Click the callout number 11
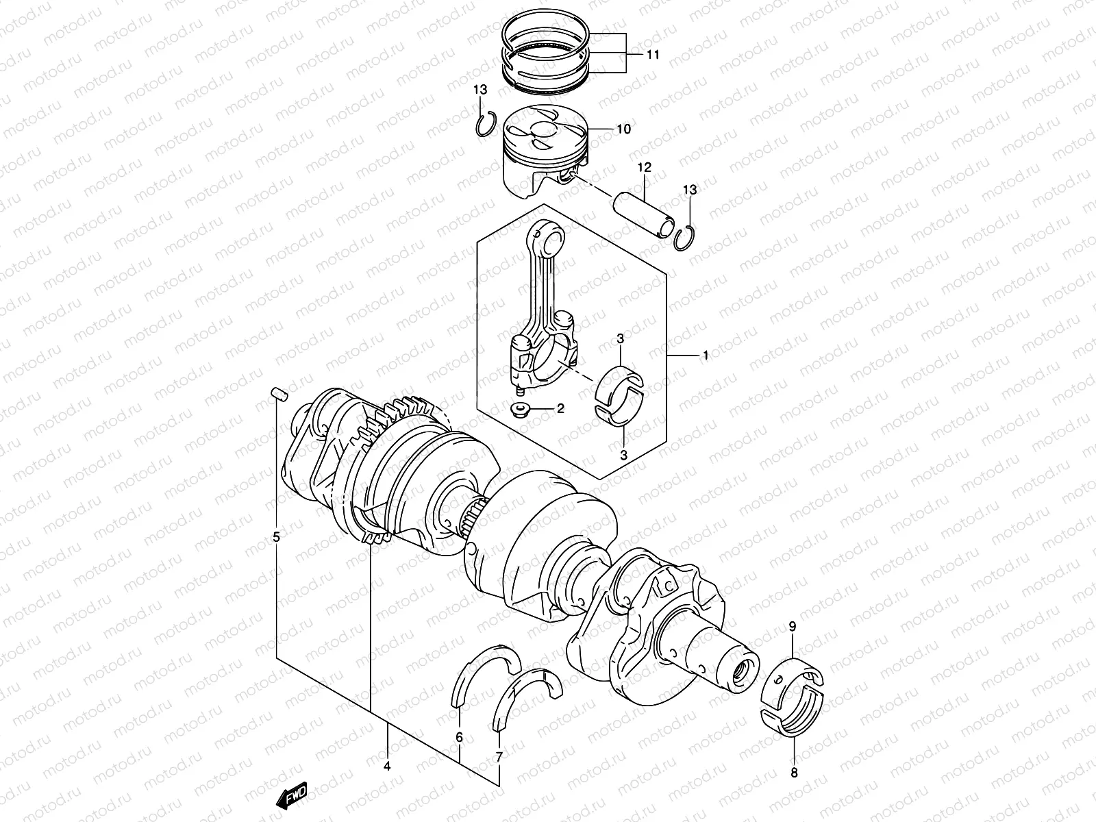point(653,55)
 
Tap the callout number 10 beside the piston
point(623,129)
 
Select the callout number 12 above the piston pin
point(644,168)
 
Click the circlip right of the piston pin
point(684,238)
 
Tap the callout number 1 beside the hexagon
point(705,356)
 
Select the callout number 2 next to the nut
point(560,409)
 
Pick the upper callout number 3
point(620,338)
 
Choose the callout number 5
point(277,537)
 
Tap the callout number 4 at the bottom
point(387,767)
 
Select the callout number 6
point(459,738)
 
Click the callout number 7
point(499,757)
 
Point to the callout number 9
point(793,626)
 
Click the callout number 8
point(794,773)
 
